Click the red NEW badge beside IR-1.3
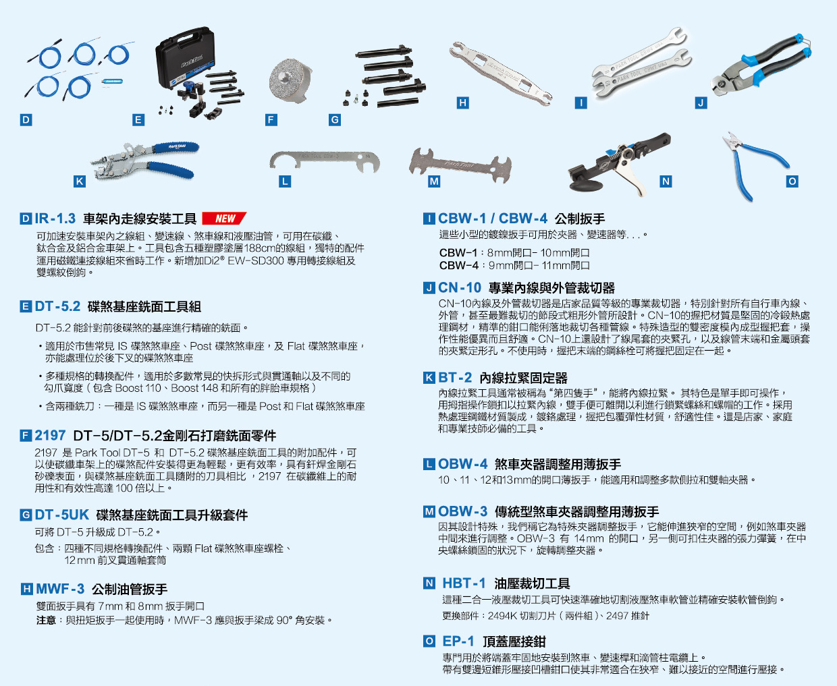(x=224, y=219)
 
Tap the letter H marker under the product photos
(x=462, y=103)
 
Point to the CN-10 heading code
(x=459, y=287)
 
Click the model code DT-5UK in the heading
(x=61, y=515)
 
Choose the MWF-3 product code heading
(x=60, y=589)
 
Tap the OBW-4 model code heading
(x=462, y=464)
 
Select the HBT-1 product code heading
(x=464, y=583)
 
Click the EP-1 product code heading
(x=458, y=641)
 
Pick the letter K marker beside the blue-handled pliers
(x=80, y=181)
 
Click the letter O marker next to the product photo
(x=792, y=181)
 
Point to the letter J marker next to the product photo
(x=701, y=103)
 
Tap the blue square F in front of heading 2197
(x=26, y=436)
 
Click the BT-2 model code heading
(x=455, y=378)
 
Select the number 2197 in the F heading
(x=50, y=435)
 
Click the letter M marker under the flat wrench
(x=434, y=181)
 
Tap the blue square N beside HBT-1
(x=429, y=583)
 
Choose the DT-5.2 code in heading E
(x=57, y=306)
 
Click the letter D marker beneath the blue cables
(x=26, y=120)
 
